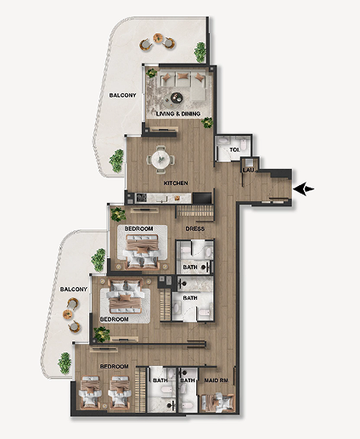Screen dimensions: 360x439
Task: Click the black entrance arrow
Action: [304, 189]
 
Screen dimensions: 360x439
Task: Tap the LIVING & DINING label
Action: [178, 114]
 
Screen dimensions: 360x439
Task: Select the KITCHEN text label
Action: [176, 183]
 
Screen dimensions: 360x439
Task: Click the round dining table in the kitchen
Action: [160, 160]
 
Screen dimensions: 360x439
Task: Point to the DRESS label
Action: [195, 228]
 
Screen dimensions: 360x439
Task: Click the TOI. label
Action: [234, 149]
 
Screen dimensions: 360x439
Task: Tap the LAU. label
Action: [249, 171]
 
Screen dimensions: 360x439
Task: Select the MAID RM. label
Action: [217, 380]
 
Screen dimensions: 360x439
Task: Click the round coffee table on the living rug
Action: [177, 98]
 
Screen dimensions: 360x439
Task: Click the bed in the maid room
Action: [218, 402]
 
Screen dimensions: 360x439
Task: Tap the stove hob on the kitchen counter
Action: [141, 197]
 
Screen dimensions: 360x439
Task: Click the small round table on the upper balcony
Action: [158, 38]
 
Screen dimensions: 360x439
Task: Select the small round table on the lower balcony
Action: [68, 314]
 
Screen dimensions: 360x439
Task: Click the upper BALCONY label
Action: [123, 95]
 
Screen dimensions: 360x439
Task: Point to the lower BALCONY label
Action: [74, 290]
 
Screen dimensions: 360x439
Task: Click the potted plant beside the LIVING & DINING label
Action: [207, 123]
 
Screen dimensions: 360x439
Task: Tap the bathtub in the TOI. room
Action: [223, 140]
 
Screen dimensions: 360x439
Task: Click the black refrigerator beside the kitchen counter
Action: [202, 198]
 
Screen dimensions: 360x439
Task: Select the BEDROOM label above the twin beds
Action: [114, 366]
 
